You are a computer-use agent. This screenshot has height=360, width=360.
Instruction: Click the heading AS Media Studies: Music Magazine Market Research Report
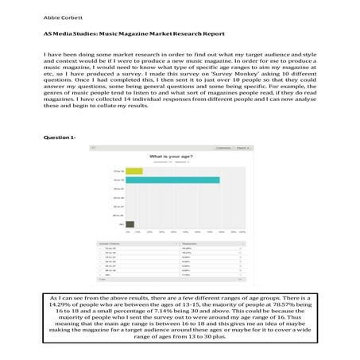tap(134, 34)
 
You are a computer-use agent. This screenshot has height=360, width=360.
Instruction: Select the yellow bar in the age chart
tap(134, 170)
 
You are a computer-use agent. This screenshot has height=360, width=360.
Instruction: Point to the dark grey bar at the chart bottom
tap(130, 224)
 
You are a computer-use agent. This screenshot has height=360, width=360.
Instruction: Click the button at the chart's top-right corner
tap(234, 148)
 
